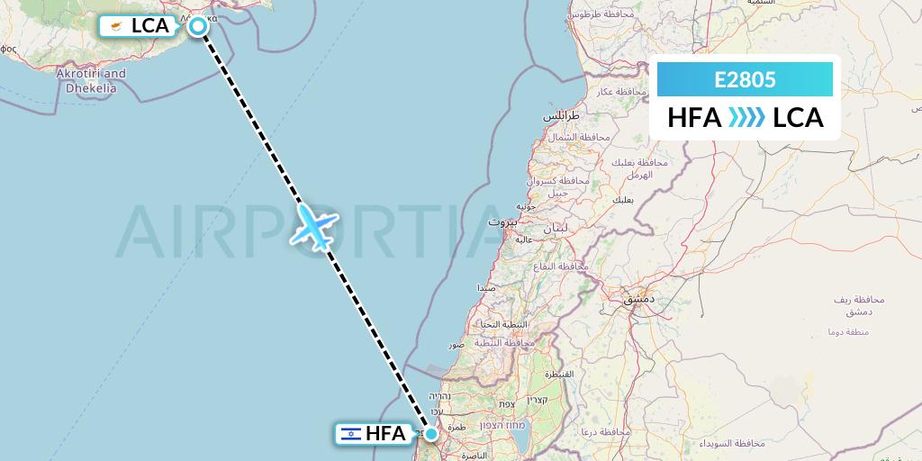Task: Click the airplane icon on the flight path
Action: (x=313, y=225)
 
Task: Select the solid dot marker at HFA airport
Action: (x=431, y=434)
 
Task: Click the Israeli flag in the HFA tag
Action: (x=349, y=434)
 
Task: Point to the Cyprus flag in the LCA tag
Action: (x=115, y=26)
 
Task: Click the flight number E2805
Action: (x=745, y=79)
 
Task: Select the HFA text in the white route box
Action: (x=694, y=118)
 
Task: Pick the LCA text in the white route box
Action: (x=799, y=118)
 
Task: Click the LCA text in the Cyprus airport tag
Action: (x=150, y=26)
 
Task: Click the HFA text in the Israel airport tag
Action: (x=384, y=434)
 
